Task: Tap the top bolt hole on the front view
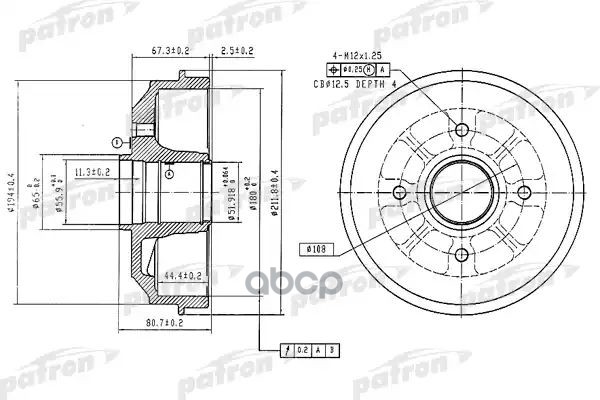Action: click(461, 130)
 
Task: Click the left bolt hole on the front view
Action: click(399, 192)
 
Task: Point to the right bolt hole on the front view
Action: click(524, 192)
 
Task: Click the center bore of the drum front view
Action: click(461, 192)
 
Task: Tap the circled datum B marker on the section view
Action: click(119, 140)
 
